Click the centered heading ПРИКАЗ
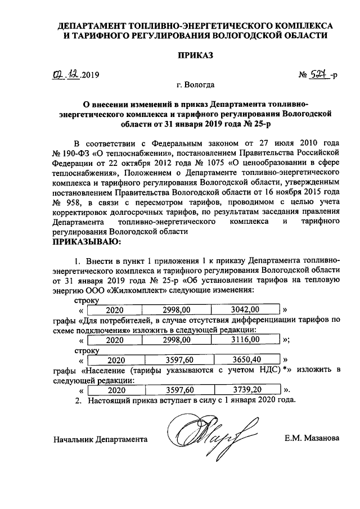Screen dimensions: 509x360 tap(196, 56)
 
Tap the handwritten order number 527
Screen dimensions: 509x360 tap(319, 74)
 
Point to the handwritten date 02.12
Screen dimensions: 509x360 tap(65, 74)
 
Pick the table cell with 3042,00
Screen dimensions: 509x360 tap(246, 309)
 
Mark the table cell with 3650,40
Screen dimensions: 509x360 tap(246, 359)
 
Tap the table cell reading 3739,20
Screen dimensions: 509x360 tap(246, 389)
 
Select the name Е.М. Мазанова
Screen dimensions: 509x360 tap(310, 438)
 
